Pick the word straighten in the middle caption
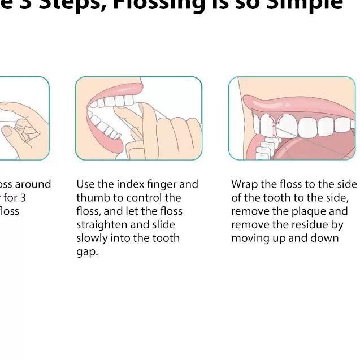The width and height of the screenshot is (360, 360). pos(101,225)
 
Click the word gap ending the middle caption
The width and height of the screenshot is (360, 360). pos(86,253)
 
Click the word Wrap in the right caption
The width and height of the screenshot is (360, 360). pos(244,184)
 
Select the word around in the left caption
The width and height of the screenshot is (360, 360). pos(33,184)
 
